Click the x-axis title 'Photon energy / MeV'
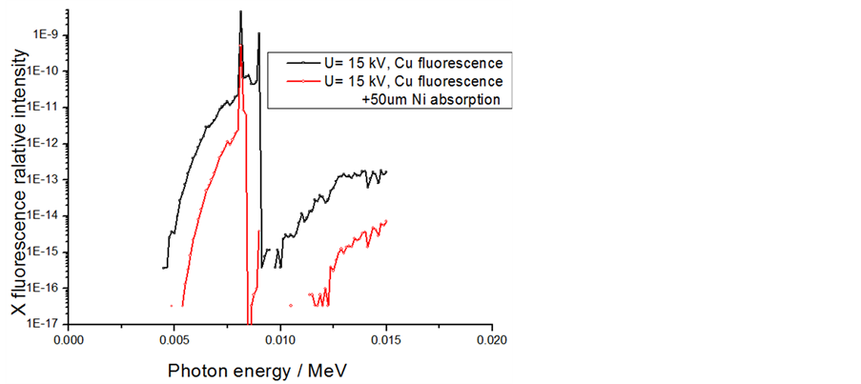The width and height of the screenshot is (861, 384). coord(251,369)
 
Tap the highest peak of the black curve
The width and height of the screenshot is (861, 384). coord(240,11)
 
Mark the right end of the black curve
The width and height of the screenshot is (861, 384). coord(386,172)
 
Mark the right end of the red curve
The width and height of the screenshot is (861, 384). coord(386,221)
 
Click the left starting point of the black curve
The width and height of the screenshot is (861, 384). coord(163,268)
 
